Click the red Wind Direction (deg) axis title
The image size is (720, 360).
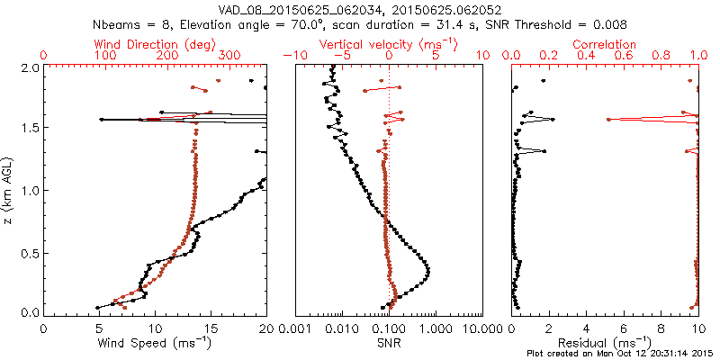coord(154,43)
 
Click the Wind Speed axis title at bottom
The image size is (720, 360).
coord(155,343)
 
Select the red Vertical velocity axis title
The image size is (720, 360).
coord(388,43)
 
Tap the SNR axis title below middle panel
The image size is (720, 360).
coord(390,343)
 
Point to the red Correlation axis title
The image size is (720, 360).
coord(606,43)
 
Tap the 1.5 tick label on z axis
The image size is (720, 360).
coord(31,129)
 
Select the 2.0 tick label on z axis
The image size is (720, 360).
coord(31,67)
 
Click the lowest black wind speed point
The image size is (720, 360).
coord(98,307)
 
